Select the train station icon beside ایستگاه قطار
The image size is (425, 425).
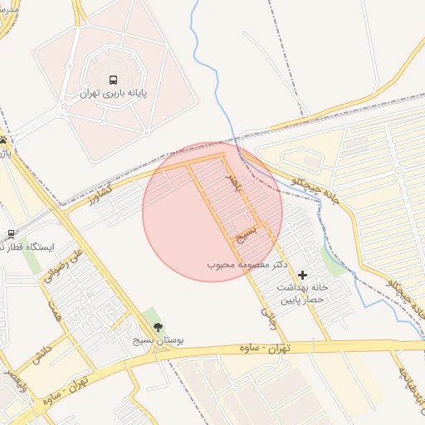tap(11, 234)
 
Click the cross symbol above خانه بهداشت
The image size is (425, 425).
tap(301, 274)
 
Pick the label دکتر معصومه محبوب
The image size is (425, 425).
tap(247, 264)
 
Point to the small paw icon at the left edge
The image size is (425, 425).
tap(5, 140)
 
